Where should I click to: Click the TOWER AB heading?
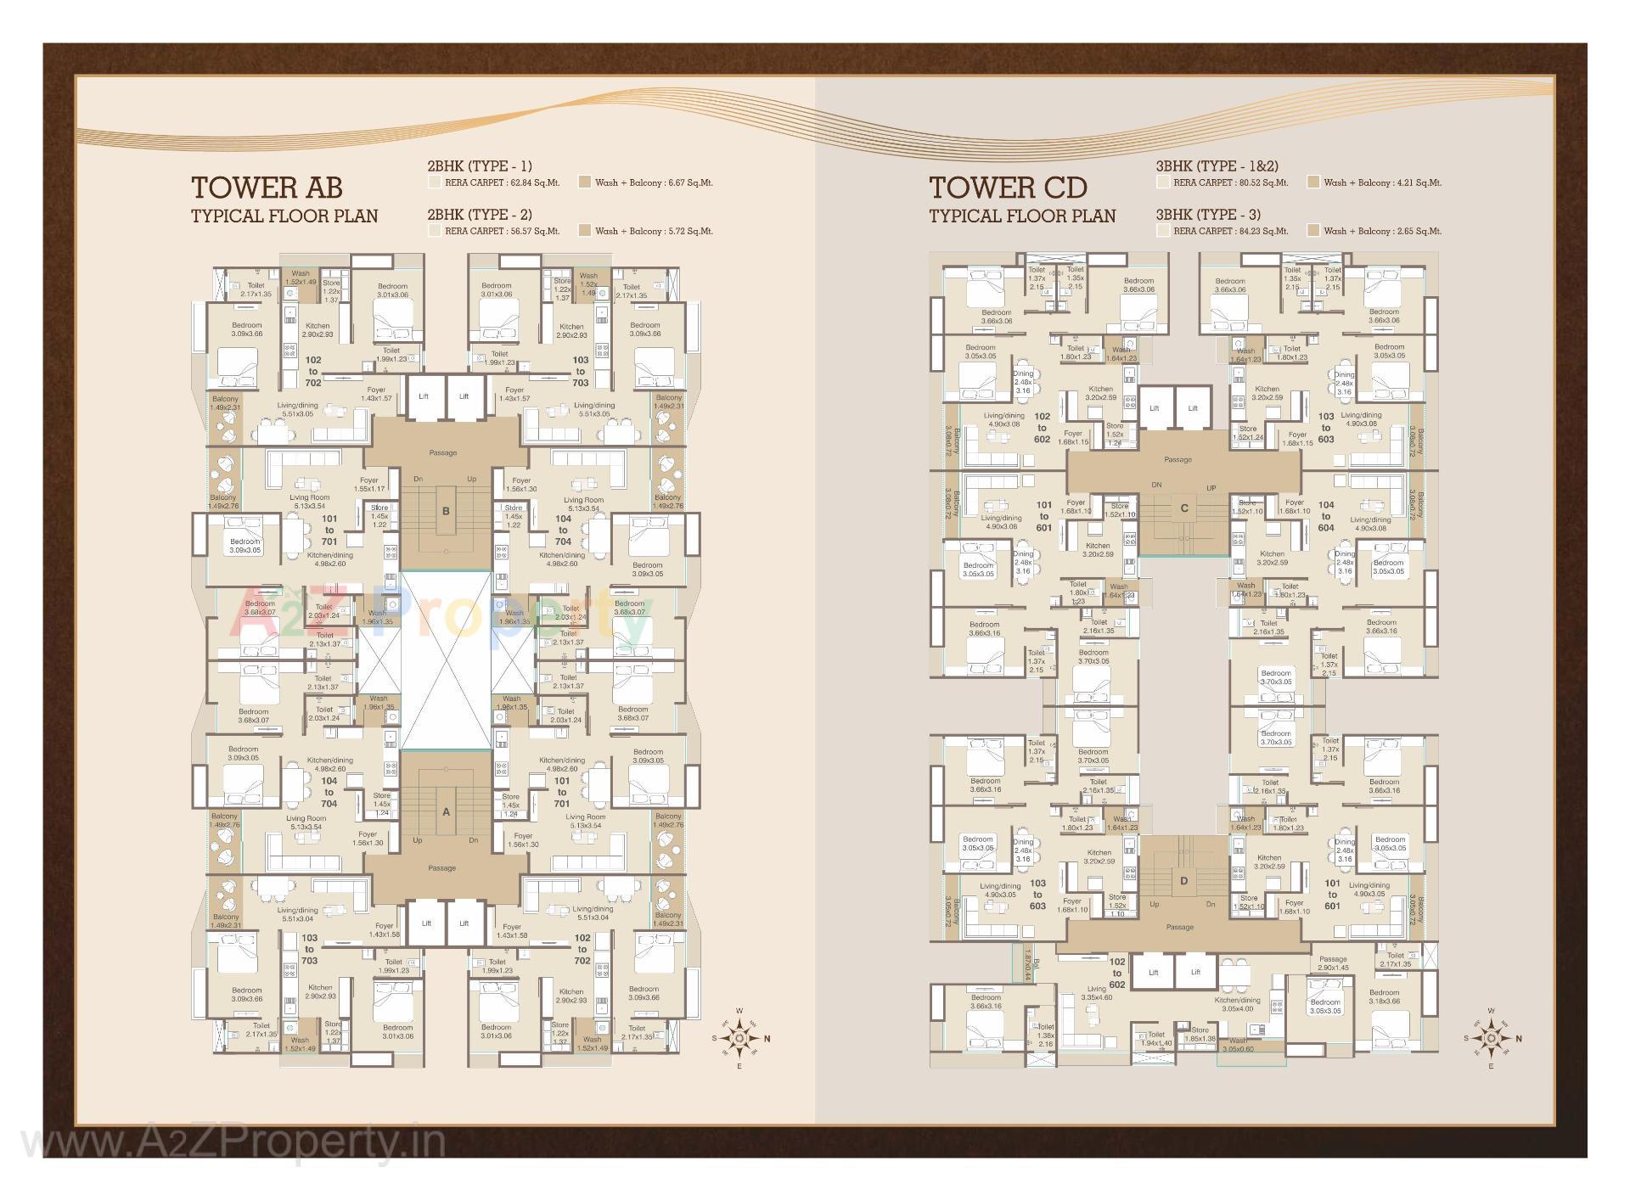pos(267,188)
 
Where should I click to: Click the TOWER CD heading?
pos(1007,188)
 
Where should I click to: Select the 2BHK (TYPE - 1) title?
pos(480,166)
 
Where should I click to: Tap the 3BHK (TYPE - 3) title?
pos(1208,215)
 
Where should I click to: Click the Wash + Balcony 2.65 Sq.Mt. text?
pos(1382,231)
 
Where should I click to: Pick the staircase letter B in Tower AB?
pos(446,511)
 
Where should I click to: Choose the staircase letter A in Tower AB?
pos(446,811)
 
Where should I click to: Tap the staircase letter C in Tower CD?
pos(1184,508)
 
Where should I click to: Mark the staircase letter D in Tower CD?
pos(1184,881)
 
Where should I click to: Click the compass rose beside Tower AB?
pos(739,1038)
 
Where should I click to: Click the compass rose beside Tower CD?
pos(1492,1037)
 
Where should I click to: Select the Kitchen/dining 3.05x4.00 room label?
pos(1237,1004)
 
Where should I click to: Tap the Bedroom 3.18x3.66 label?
pos(1384,996)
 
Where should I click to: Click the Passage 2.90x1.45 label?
pos(1333,963)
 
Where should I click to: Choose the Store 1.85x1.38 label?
pos(1200,1035)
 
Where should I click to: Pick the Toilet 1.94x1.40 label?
pos(1155,1039)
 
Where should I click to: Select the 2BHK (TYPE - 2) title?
pos(480,215)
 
